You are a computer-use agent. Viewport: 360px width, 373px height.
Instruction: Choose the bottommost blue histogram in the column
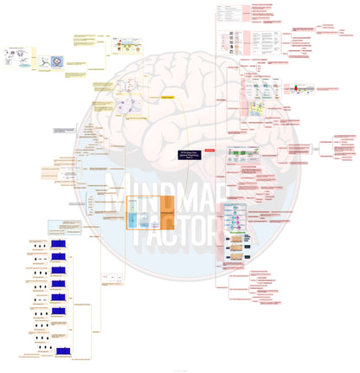point(59,349)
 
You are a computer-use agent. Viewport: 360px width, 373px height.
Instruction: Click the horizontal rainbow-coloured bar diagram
point(298,88)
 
